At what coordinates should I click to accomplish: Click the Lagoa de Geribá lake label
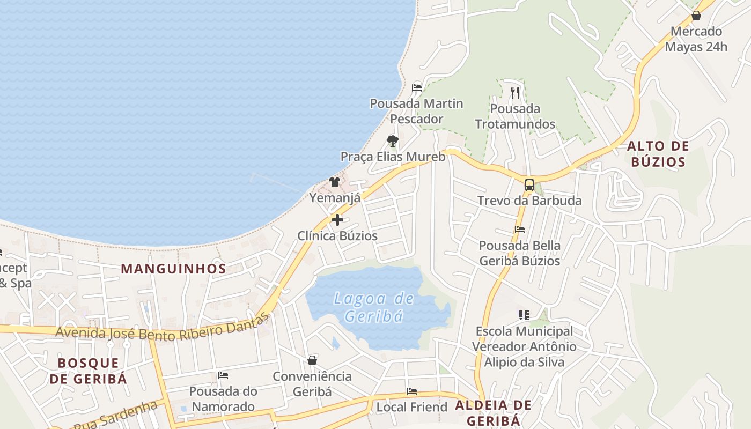click(374, 307)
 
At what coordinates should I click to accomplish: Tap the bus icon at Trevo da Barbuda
click(529, 185)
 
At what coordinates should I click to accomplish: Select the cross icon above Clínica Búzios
click(337, 219)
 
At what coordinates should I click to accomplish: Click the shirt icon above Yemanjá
click(335, 182)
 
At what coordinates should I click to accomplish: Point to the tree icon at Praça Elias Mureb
click(393, 141)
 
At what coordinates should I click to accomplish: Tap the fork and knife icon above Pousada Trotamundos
click(515, 93)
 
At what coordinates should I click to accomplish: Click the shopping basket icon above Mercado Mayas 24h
click(696, 16)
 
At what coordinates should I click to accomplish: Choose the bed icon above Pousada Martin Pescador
click(417, 88)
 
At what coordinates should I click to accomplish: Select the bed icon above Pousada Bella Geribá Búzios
click(519, 230)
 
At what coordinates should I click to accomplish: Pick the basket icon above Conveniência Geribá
click(312, 360)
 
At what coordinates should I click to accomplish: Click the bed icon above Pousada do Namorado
click(223, 375)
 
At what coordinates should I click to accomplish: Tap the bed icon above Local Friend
click(412, 391)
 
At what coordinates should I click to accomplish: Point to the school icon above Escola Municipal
click(524, 315)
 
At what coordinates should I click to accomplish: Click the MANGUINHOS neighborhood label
click(173, 269)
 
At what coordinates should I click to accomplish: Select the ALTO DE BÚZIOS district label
click(658, 154)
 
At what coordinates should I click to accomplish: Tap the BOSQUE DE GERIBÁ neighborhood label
click(89, 371)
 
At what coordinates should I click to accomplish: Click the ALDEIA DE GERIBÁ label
click(493, 412)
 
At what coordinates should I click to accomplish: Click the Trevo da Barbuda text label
click(529, 201)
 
